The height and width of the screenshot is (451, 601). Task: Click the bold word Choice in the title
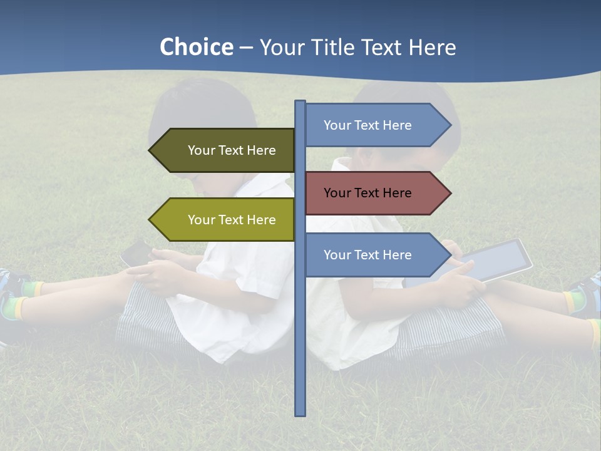196,48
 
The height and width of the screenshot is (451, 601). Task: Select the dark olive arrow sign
225,150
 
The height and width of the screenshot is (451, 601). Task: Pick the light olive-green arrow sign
225,220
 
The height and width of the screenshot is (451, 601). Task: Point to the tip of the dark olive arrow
151,150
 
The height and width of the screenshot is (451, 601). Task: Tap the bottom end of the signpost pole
300,413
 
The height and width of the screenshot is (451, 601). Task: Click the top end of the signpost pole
300,103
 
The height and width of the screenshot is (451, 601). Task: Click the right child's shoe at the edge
585,294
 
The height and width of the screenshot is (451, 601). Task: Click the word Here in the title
431,48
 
